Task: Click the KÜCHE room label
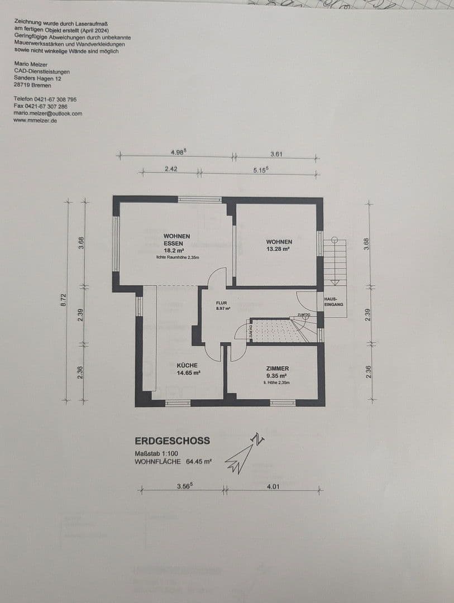tap(187, 365)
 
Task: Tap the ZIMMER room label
tap(278, 368)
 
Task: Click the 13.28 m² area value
tap(279, 250)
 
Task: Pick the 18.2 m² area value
tap(177, 251)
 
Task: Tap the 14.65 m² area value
tap(188, 373)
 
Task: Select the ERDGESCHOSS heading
tap(173, 441)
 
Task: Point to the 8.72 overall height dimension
tap(64, 300)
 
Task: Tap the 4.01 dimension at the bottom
tap(273, 486)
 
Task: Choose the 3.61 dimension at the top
tap(276, 154)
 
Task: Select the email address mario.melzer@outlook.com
tap(48, 113)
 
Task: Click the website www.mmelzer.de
tap(35, 120)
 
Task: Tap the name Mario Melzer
tap(31, 65)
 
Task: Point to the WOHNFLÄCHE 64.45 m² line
tap(173, 462)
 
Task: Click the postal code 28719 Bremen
tap(32, 85)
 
